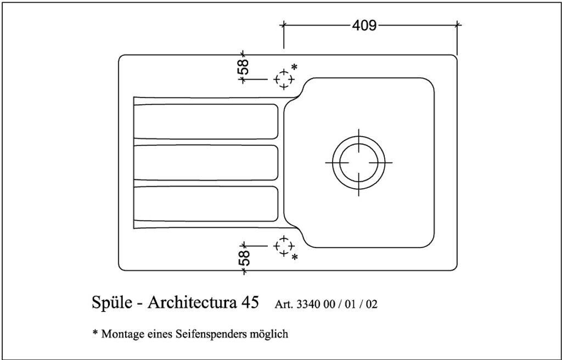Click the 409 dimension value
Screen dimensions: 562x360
(x=364, y=25)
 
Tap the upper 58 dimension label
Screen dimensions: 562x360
(x=244, y=66)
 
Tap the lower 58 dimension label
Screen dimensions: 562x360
(x=245, y=257)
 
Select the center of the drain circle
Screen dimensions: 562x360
(x=358, y=163)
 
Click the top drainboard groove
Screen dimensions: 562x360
(x=206, y=121)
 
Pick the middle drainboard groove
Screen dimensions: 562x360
(x=206, y=162)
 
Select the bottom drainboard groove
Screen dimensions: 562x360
(x=206, y=204)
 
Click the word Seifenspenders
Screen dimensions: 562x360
(x=217, y=334)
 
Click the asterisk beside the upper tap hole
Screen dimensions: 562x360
(x=294, y=67)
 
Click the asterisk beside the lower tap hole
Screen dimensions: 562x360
(x=295, y=257)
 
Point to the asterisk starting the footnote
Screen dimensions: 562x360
(x=95, y=333)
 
